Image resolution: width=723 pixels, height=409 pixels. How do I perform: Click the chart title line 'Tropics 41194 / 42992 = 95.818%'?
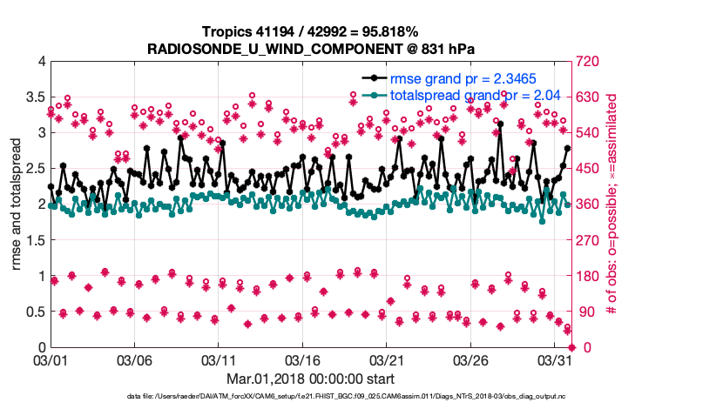[x=312, y=32]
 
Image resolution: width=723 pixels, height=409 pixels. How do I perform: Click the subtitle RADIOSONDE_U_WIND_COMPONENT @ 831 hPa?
[x=312, y=49]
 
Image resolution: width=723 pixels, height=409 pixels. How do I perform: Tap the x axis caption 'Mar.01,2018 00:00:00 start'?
[x=312, y=379]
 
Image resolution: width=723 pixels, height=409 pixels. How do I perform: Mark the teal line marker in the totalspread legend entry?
[x=372, y=96]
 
